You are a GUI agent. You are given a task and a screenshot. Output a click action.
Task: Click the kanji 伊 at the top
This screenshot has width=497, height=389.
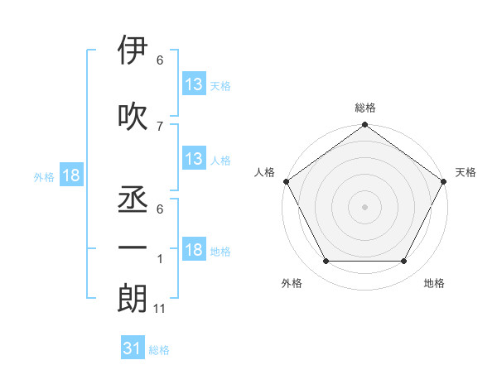pyautogui.click(x=133, y=51)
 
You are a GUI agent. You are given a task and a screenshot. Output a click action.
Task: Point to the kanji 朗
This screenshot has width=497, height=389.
pyautogui.click(x=133, y=299)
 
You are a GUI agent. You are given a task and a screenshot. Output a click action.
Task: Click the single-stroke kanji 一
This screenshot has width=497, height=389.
pyautogui.click(x=133, y=247)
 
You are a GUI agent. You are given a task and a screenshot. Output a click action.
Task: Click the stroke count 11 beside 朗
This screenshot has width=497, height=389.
pyautogui.click(x=160, y=309)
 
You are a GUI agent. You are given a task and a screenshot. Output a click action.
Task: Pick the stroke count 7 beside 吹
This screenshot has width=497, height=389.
pyautogui.click(x=160, y=125)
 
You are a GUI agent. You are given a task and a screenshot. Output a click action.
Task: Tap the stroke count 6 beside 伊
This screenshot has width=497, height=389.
pyautogui.click(x=160, y=60)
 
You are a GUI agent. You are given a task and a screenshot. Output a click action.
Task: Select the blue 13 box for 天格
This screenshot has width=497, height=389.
pyautogui.click(x=193, y=84)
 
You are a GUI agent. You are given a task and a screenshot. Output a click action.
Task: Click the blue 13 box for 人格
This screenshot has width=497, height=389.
pyautogui.click(x=193, y=158)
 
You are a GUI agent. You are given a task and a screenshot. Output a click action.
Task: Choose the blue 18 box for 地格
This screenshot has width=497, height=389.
pyautogui.click(x=193, y=250)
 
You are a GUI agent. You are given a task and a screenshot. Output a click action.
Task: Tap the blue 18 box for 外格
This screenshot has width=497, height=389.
pyautogui.click(x=70, y=175)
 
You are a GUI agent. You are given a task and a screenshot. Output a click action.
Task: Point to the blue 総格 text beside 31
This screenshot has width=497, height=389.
pyautogui.click(x=159, y=350)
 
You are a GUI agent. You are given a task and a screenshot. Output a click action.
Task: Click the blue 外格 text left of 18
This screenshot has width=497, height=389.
pyautogui.click(x=43, y=176)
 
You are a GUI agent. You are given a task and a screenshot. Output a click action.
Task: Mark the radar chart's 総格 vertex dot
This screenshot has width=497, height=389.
pyautogui.click(x=364, y=125)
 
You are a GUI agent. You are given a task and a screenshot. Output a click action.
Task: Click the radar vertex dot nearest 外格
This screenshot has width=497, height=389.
pyautogui.click(x=326, y=262)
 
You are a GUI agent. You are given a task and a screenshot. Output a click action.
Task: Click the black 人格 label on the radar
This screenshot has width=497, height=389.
pyautogui.click(x=265, y=172)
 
